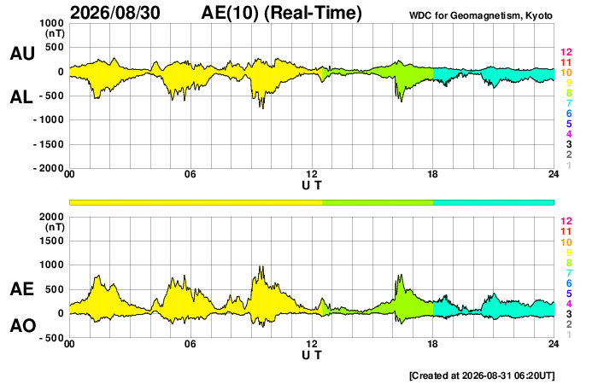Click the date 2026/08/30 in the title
tap(115, 13)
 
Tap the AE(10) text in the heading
tap(229, 13)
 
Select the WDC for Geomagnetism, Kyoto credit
tap(480, 15)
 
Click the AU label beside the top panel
tap(22, 53)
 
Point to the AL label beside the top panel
tap(21, 97)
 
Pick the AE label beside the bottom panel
tap(21, 289)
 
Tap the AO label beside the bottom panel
tap(23, 326)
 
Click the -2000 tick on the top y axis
tap(49, 168)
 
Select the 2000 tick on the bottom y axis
tap(52, 217)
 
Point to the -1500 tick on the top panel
tap(49, 144)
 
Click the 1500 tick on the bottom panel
tap(52, 241)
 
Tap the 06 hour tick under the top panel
tap(190, 174)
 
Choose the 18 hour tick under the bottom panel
tap(432, 344)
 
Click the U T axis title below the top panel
tap(312, 185)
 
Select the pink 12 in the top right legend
tap(566, 52)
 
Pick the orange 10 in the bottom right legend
tap(566, 242)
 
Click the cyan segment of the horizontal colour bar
tap(494, 202)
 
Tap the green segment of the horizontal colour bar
tap(378, 202)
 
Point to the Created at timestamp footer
tap(482, 375)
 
